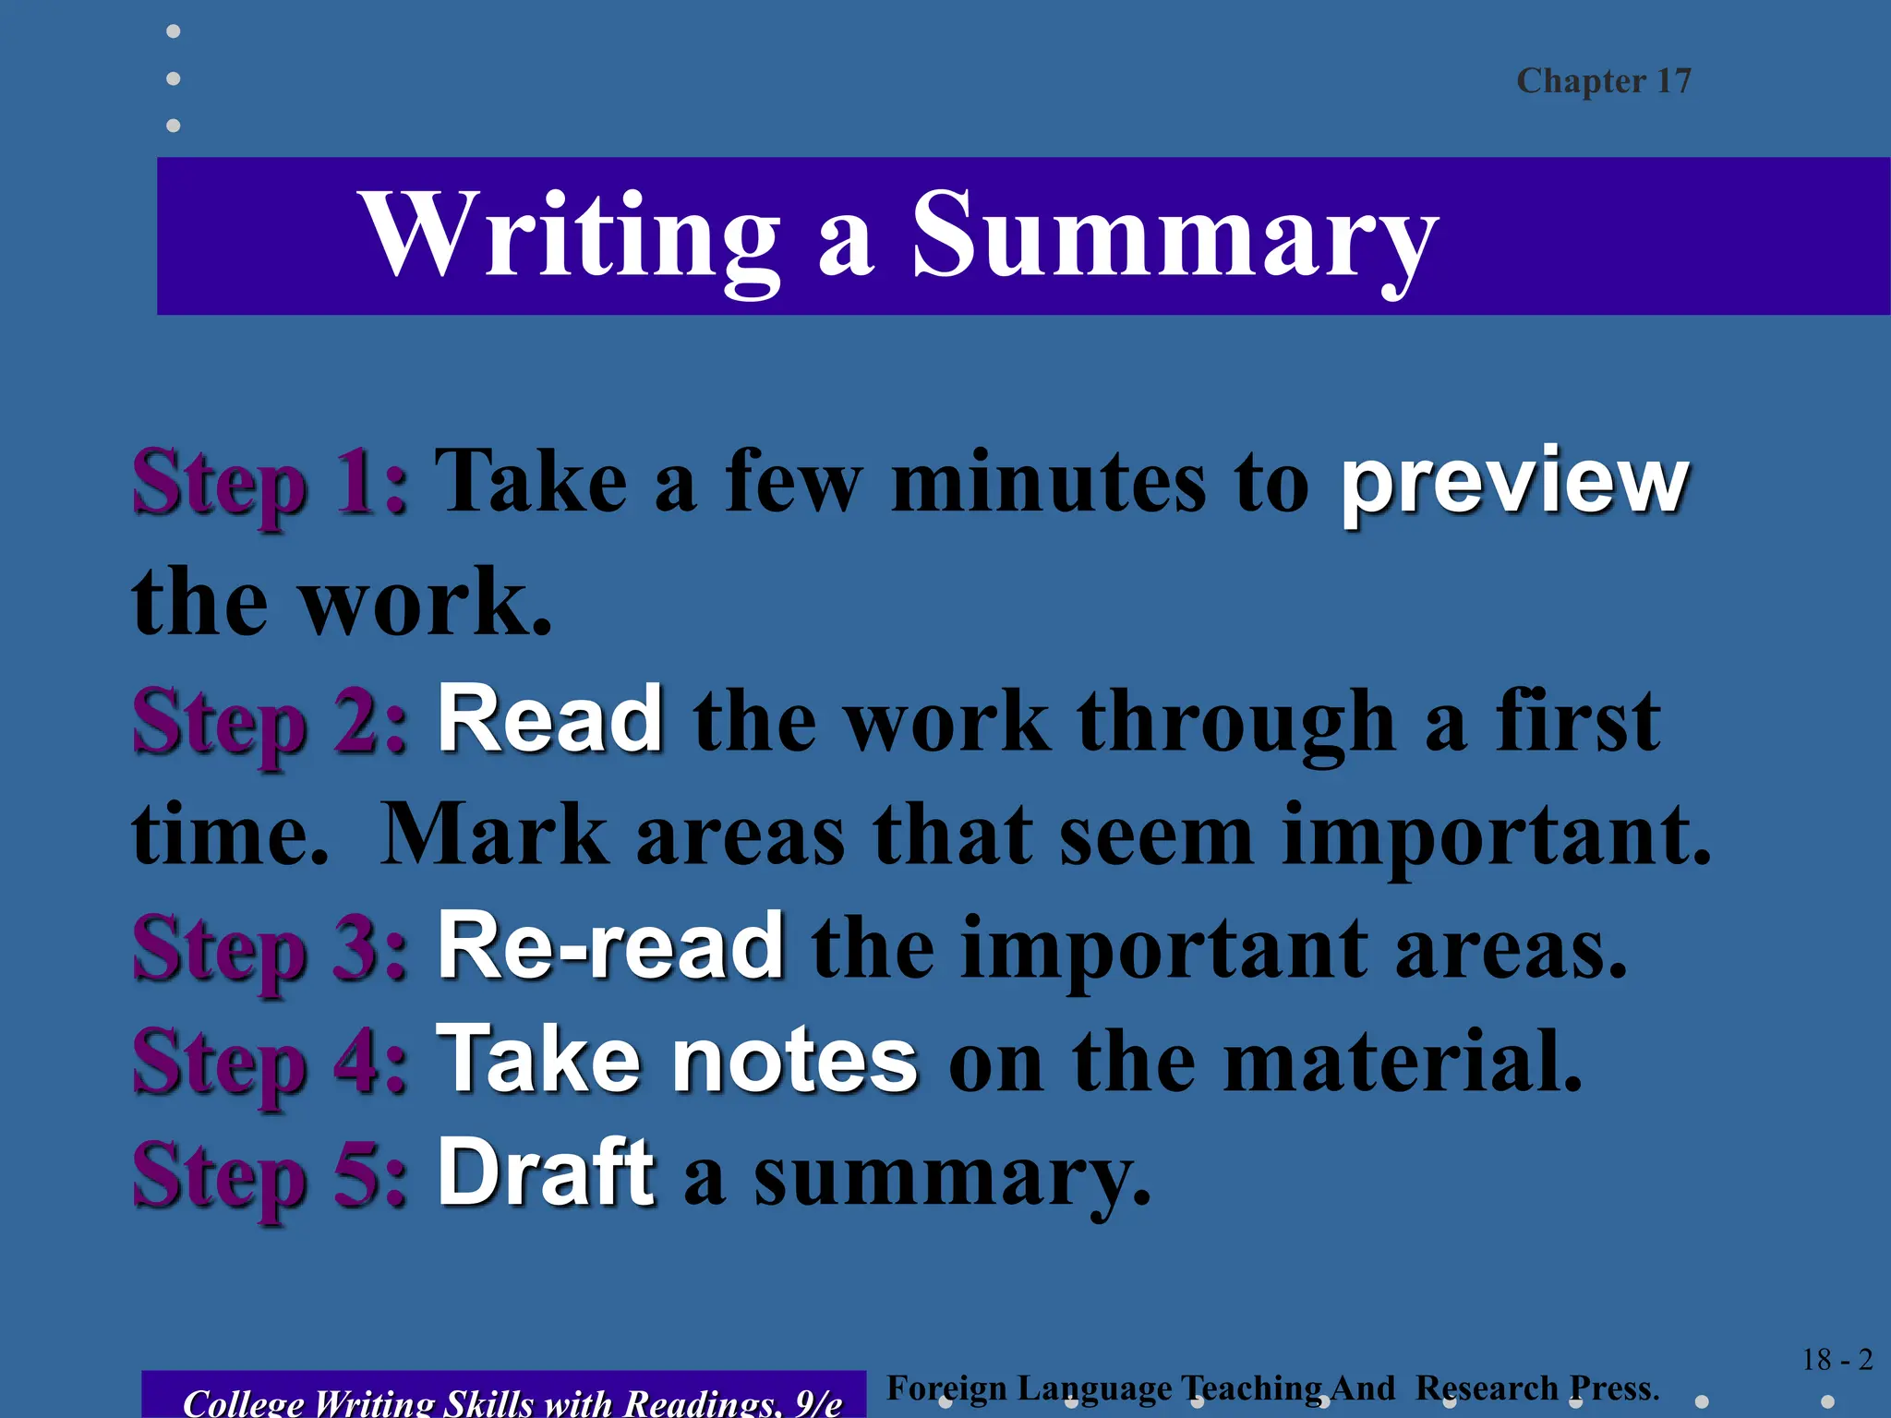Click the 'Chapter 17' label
(1603, 81)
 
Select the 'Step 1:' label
(270, 482)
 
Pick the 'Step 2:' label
(270, 722)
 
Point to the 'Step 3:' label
(270, 948)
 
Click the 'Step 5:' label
(270, 1174)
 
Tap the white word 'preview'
(1514, 482)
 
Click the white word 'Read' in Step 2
(550, 720)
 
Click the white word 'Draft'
(546, 1172)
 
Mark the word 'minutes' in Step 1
(1049, 482)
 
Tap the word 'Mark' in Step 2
(494, 835)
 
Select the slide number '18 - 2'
(1837, 1360)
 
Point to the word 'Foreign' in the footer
(946, 1388)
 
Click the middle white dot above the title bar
(174, 78)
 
